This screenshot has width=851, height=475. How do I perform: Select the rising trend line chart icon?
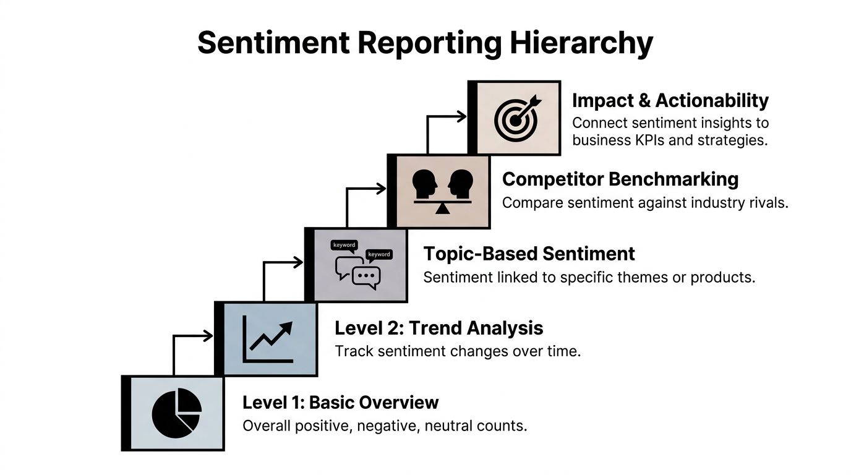(268, 340)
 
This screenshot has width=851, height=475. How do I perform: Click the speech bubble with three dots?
(366, 276)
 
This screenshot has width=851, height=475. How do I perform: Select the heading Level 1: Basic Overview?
(340, 403)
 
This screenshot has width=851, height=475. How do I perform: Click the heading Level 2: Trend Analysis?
(438, 328)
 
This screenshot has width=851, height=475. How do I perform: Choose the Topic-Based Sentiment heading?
(529, 254)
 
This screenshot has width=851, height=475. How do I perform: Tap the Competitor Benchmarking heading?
(620, 179)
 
